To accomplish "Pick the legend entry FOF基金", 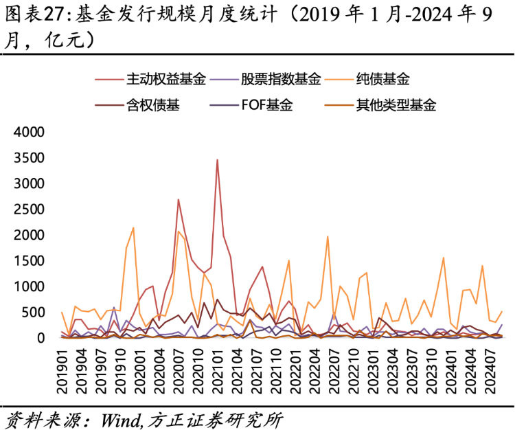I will point(266,105).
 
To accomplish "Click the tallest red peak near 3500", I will point(217,160).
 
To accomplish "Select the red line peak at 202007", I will point(179,200).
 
